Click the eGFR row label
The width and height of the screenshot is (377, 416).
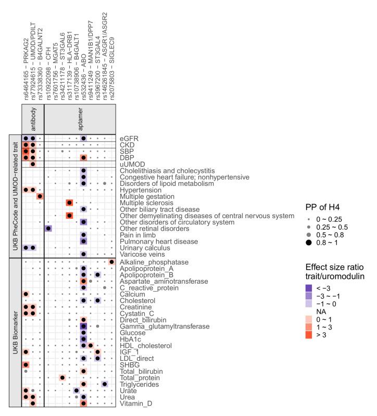126,138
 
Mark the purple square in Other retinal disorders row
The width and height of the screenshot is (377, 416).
48,228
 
